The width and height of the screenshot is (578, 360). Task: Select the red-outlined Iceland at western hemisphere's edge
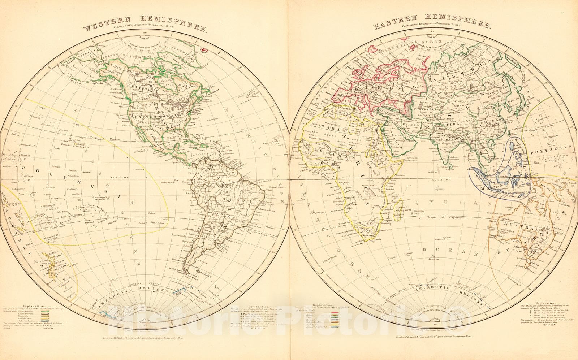click(203, 50)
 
